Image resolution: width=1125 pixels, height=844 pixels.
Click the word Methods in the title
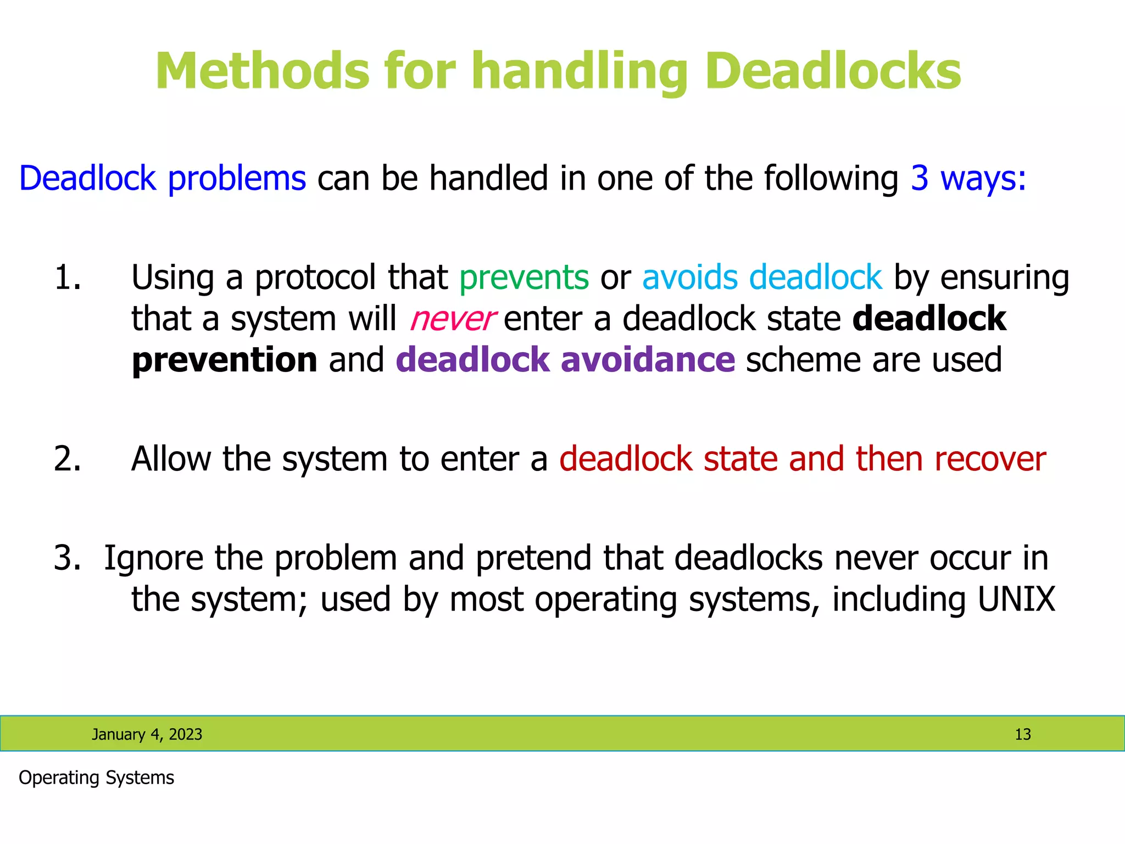point(263,71)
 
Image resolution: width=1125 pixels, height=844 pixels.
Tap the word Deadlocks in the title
point(833,71)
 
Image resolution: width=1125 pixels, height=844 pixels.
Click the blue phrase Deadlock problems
point(163,179)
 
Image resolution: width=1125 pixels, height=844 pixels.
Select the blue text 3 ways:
point(968,179)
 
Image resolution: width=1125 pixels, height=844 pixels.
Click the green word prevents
point(524,277)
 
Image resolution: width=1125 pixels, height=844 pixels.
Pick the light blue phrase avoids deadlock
point(762,277)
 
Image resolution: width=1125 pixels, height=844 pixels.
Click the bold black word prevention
point(225,360)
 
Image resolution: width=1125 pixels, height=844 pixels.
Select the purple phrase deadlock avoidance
point(565,360)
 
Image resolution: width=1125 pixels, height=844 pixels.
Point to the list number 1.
point(67,277)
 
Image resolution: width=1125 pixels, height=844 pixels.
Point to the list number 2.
point(67,459)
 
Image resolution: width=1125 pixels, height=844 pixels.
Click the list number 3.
point(67,558)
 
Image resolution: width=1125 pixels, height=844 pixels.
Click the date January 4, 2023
point(147,734)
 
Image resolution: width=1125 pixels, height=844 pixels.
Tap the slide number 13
point(1022,734)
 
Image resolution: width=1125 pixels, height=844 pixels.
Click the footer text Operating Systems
point(96,778)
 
